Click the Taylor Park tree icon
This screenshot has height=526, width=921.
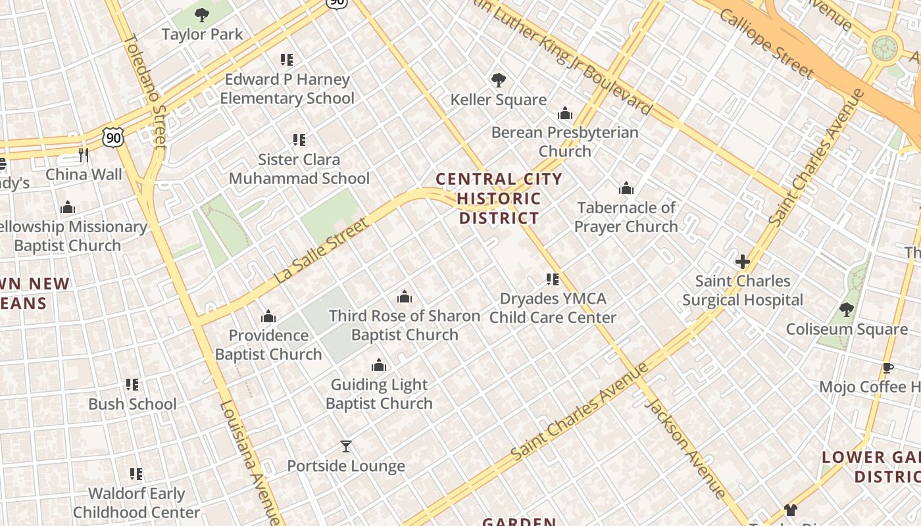[202, 14]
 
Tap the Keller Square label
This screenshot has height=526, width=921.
[498, 100]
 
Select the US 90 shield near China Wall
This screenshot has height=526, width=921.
[112, 137]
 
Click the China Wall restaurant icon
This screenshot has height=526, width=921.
[84, 155]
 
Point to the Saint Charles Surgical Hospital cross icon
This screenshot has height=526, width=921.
[743, 262]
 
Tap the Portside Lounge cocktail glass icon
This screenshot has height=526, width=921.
[346, 447]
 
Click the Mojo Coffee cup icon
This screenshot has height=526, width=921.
[887, 368]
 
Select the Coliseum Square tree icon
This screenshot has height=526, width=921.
[847, 309]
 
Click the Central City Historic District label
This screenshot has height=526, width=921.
[499, 198]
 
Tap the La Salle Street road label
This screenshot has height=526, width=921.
[322, 252]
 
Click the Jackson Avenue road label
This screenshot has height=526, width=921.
[685, 447]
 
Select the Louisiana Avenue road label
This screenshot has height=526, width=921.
[249, 460]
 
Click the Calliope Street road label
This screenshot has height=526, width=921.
[766, 43]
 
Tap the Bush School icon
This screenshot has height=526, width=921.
[132, 385]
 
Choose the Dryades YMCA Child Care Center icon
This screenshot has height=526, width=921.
[553, 279]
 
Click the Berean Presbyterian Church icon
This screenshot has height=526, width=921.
[565, 114]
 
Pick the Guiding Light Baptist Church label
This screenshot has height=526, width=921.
[379, 394]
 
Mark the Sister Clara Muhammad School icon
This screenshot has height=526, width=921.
[299, 140]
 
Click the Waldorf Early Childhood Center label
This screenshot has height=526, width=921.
[137, 503]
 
